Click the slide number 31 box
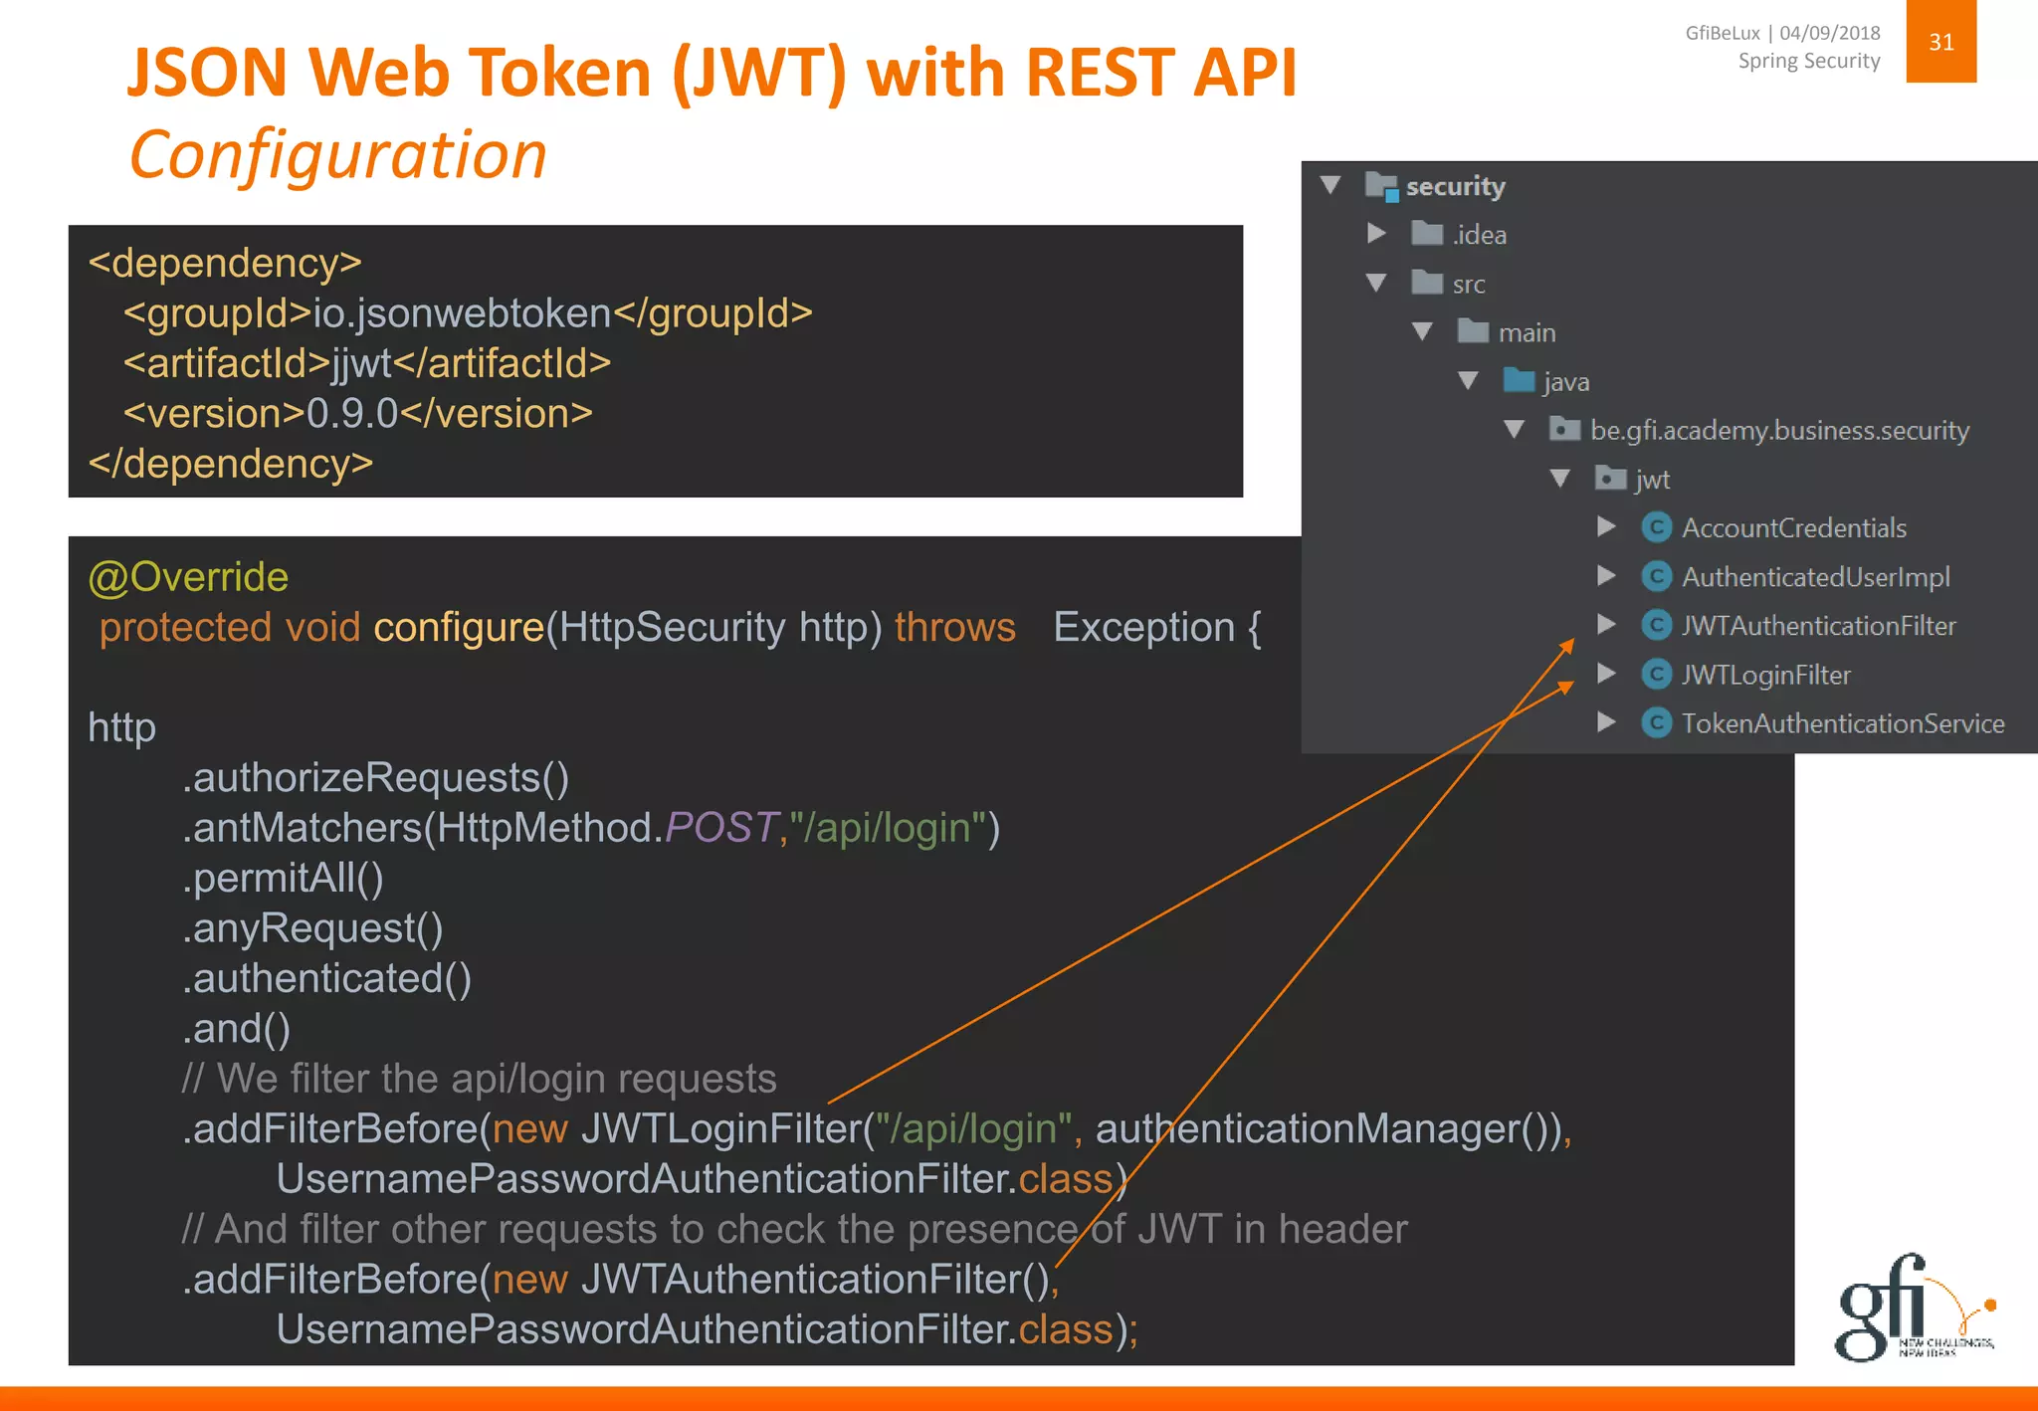(1940, 42)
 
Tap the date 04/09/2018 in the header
(1829, 33)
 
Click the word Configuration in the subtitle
(338, 155)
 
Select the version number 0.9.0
(352, 413)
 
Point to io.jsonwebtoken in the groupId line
(462, 313)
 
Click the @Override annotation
(188, 577)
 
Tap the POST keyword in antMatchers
(720, 828)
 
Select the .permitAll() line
(283, 878)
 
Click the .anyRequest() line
(312, 928)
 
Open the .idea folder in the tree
(1478, 235)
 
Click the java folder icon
(1519, 380)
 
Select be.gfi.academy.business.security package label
(1779, 430)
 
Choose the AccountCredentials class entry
(1793, 527)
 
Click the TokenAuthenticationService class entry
(1842, 723)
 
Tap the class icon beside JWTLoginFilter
(1656, 675)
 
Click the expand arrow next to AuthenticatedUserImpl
(1605, 576)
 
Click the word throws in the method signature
(954, 627)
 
